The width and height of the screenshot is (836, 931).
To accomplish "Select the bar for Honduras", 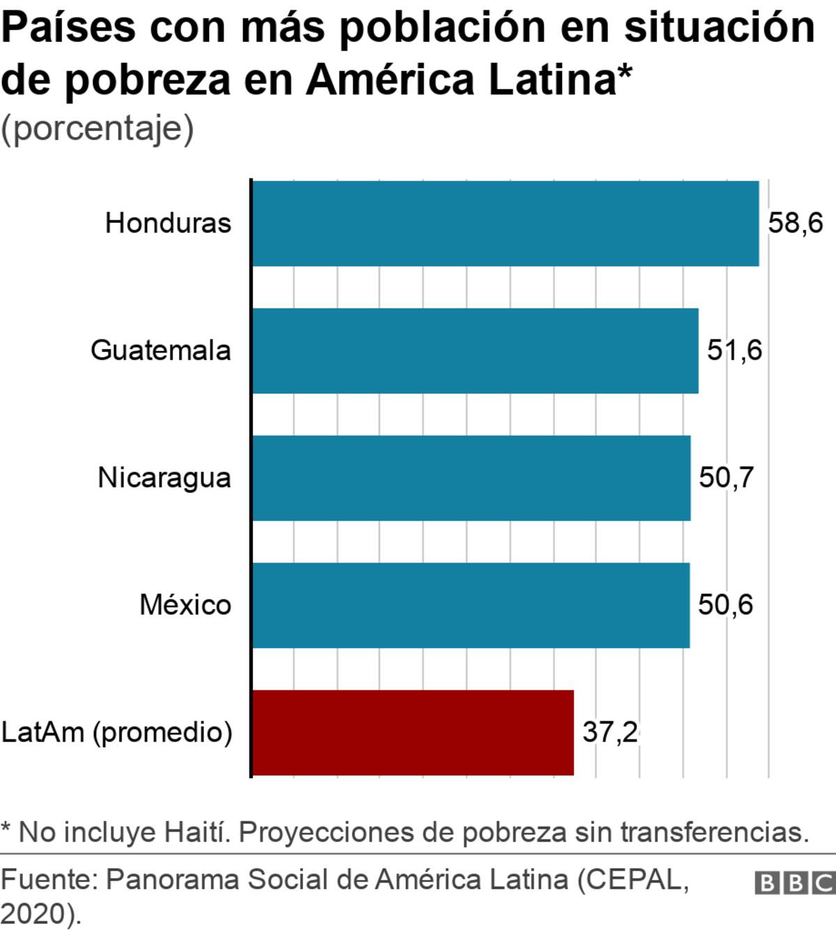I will [x=505, y=223].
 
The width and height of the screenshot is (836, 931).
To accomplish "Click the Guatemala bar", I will [x=475, y=351].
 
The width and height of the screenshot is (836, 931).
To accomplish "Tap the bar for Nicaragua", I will [x=471, y=478].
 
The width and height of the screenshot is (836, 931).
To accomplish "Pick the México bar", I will [x=471, y=605].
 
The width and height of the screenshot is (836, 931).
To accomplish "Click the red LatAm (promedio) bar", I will [x=412, y=732].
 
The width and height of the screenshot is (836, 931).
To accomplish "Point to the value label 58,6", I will [x=795, y=223].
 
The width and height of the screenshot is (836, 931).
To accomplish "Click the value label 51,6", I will [x=734, y=350].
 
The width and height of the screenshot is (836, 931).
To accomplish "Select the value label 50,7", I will [x=726, y=477].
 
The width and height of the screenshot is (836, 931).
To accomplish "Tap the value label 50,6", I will [x=725, y=605].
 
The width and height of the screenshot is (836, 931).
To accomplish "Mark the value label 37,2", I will [x=610, y=732].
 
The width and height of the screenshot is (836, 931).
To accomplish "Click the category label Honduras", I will [x=168, y=223].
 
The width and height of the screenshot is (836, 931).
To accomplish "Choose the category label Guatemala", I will [x=160, y=350].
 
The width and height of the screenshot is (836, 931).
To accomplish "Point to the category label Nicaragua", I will [x=164, y=478].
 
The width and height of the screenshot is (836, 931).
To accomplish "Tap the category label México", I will [x=185, y=605].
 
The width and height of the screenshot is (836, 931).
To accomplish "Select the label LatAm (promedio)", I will [x=116, y=732].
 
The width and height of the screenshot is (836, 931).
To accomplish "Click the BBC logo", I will [x=795, y=883].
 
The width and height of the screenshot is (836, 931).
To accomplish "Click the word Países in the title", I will [x=68, y=28].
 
